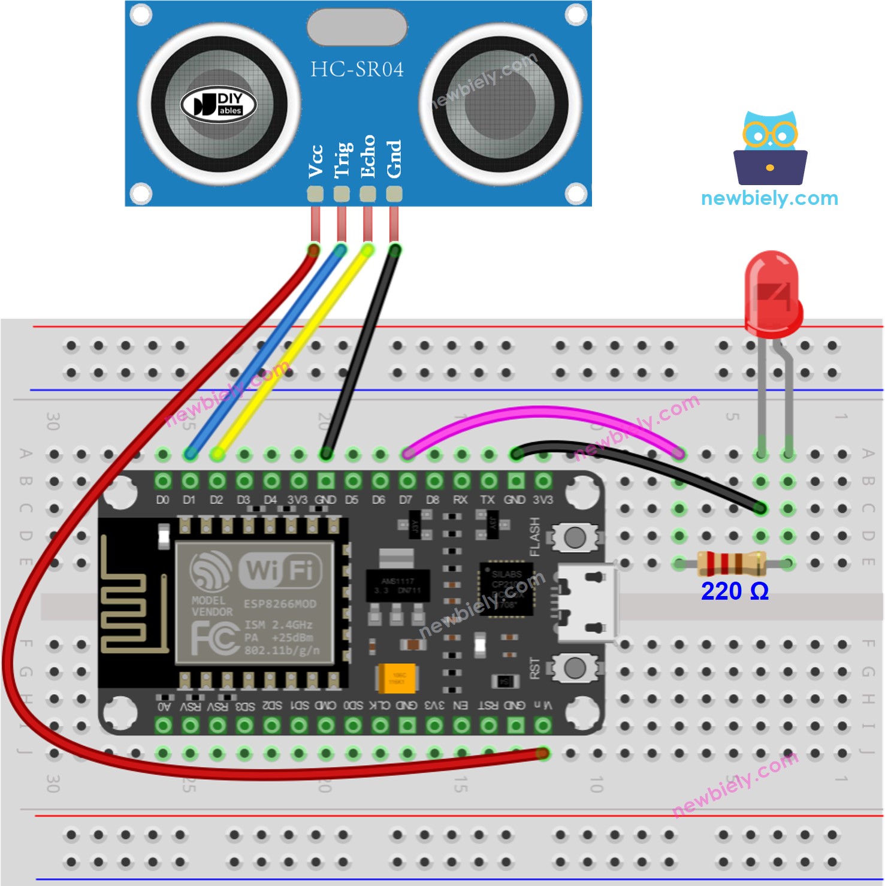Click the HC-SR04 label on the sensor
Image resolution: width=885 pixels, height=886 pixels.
pos(357,69)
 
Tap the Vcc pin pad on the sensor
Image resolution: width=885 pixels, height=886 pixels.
pos(315,193)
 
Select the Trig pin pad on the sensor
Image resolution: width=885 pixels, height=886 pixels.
pos(342,193)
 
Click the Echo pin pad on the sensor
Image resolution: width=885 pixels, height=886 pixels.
pos(368,193)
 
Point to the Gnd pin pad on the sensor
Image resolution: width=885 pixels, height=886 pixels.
pos(394,193)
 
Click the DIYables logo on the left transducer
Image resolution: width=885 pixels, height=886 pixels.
pos(219,105)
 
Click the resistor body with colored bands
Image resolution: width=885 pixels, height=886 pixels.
pos(732,563)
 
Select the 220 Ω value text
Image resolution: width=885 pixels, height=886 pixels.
pos(735,591)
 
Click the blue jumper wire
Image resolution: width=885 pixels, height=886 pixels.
pos(264,353)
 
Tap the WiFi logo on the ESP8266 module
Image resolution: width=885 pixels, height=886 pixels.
pos(280,570)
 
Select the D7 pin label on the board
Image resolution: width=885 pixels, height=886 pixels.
pos(406,500)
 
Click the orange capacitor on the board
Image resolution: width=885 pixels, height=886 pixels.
pos(397,678)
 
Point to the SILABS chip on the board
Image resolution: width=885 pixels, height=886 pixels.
pos(507,588)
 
